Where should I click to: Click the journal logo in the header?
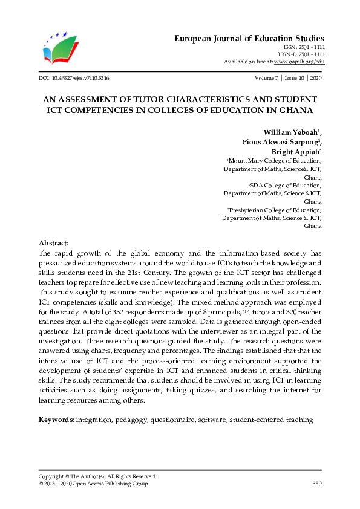pos(60,48)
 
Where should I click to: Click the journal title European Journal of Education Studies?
pos(249,37)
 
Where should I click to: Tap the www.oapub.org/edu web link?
pos(299,62)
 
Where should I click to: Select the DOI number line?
pos(74,79)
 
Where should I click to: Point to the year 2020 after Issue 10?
pos(315,79)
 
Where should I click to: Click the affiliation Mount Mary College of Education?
pos(275,161)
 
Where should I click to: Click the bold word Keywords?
pos(56,419)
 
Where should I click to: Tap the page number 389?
pos(316,484)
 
